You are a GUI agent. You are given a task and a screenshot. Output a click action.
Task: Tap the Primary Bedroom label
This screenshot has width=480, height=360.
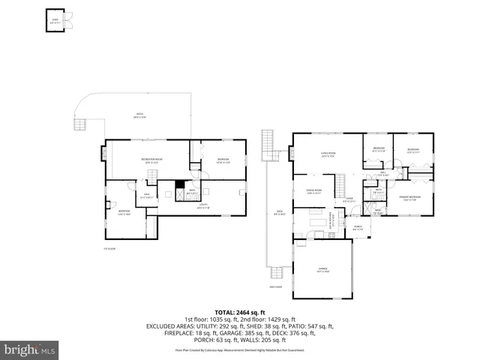(409, 198)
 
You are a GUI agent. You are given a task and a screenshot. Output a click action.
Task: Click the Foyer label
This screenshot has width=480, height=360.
(348, 199)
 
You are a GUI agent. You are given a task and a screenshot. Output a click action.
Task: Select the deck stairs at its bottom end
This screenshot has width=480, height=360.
(280, 271)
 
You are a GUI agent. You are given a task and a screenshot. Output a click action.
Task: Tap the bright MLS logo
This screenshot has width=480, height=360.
(30, 349)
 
